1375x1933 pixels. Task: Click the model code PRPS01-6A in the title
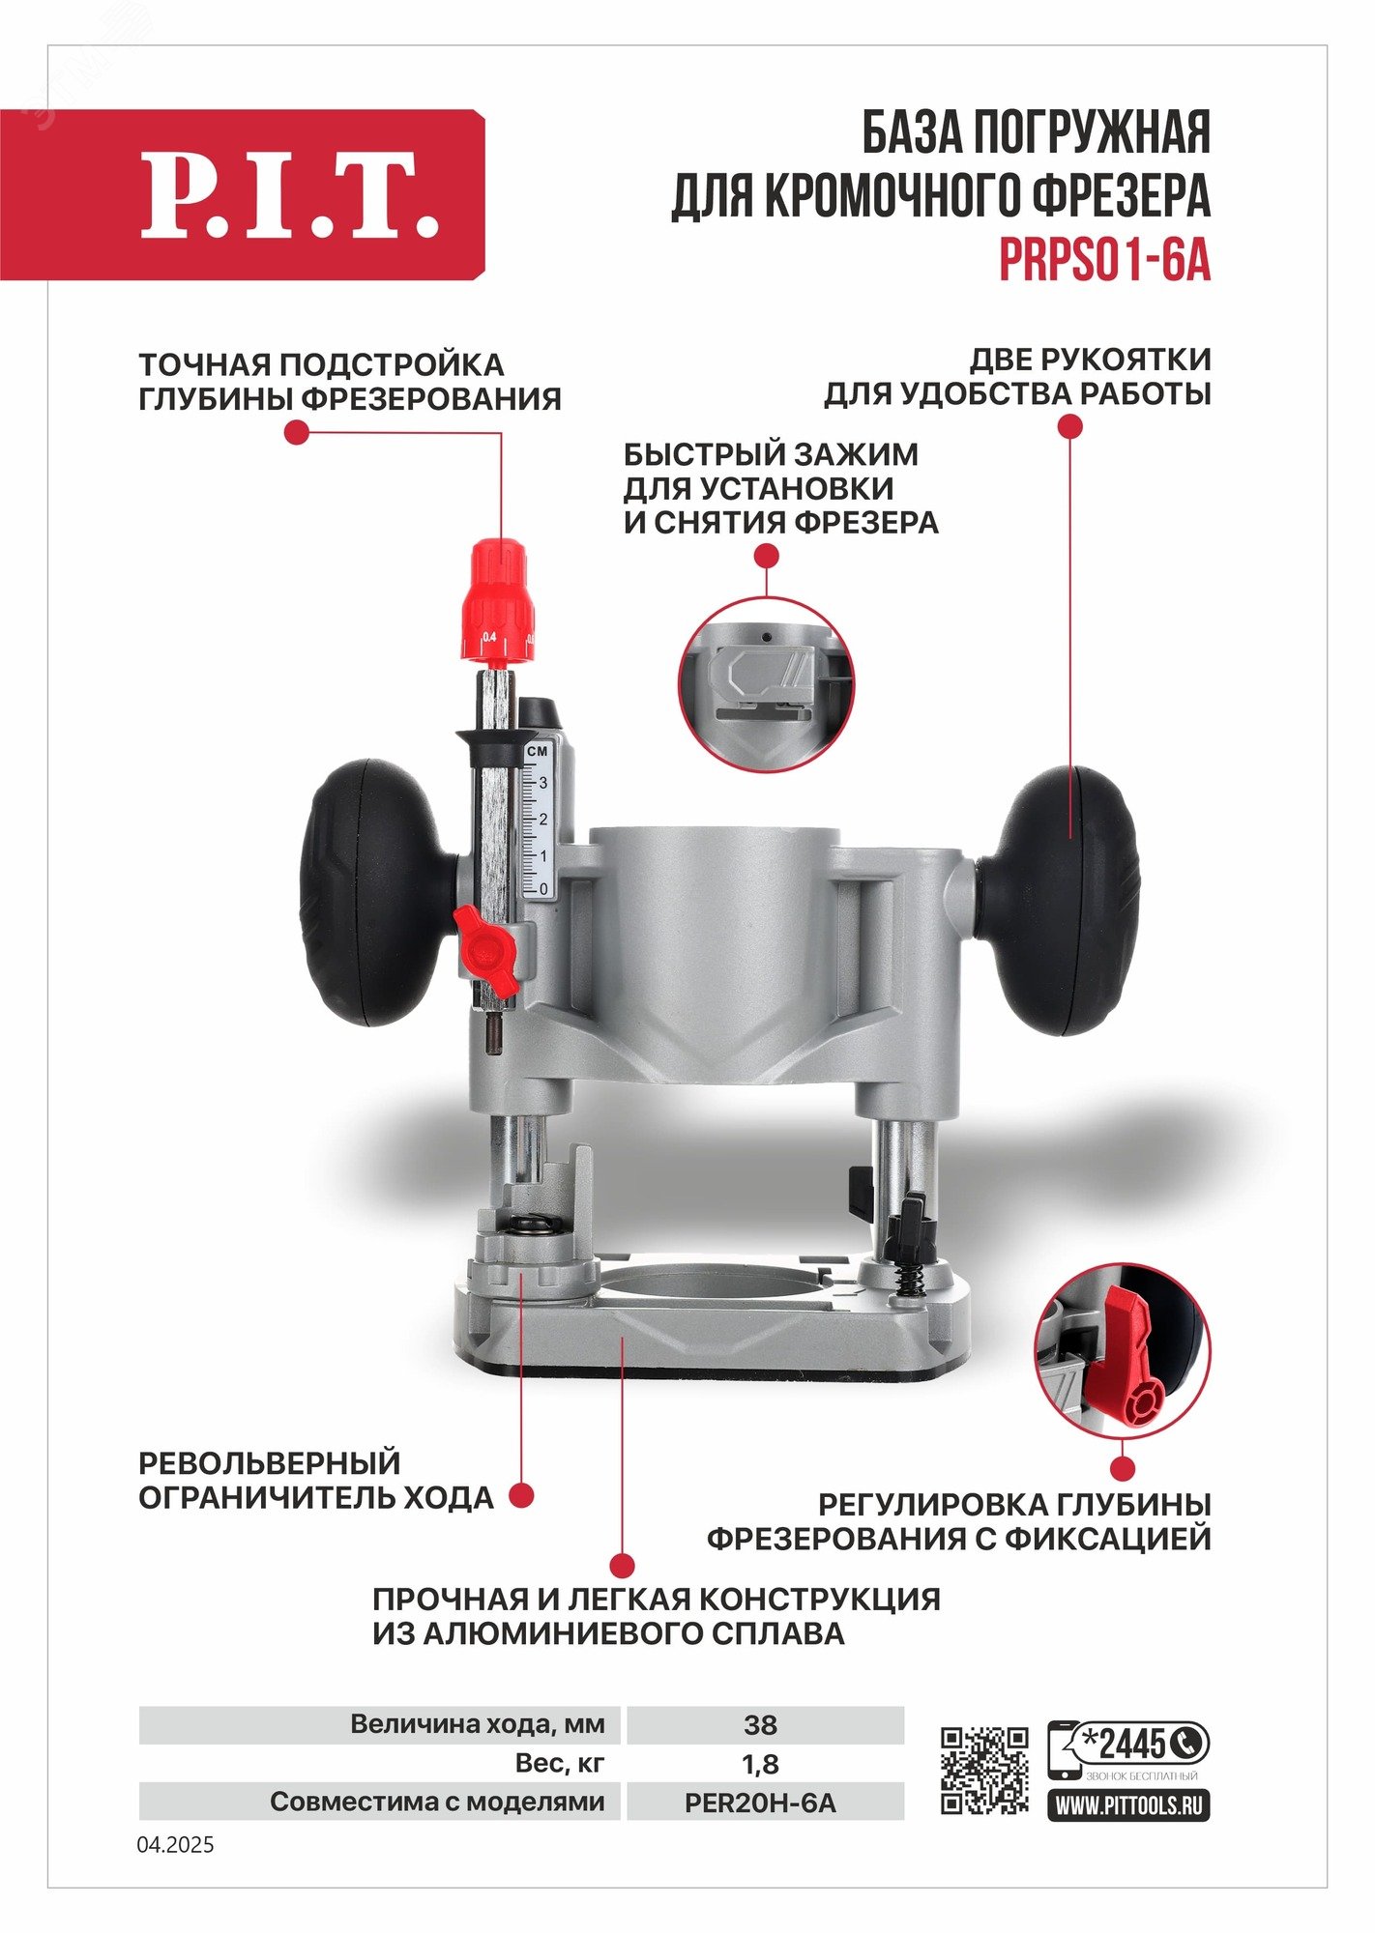[1104, 260]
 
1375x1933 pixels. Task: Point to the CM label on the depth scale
[538, 751]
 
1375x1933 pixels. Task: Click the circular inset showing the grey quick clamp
[767, 683]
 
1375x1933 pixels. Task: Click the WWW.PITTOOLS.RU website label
[1128, 1804]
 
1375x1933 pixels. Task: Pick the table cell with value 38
[761, 1724]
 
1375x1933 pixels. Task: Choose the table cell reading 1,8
[761, 1764]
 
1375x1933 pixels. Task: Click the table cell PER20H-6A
[761, 1803]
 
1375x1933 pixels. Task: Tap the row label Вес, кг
[560, 1764]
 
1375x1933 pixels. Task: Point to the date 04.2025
[175, 1845]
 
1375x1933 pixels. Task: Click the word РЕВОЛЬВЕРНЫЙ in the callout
[270, 1462]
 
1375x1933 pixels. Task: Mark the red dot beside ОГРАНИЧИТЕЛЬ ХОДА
[521, 1496]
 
